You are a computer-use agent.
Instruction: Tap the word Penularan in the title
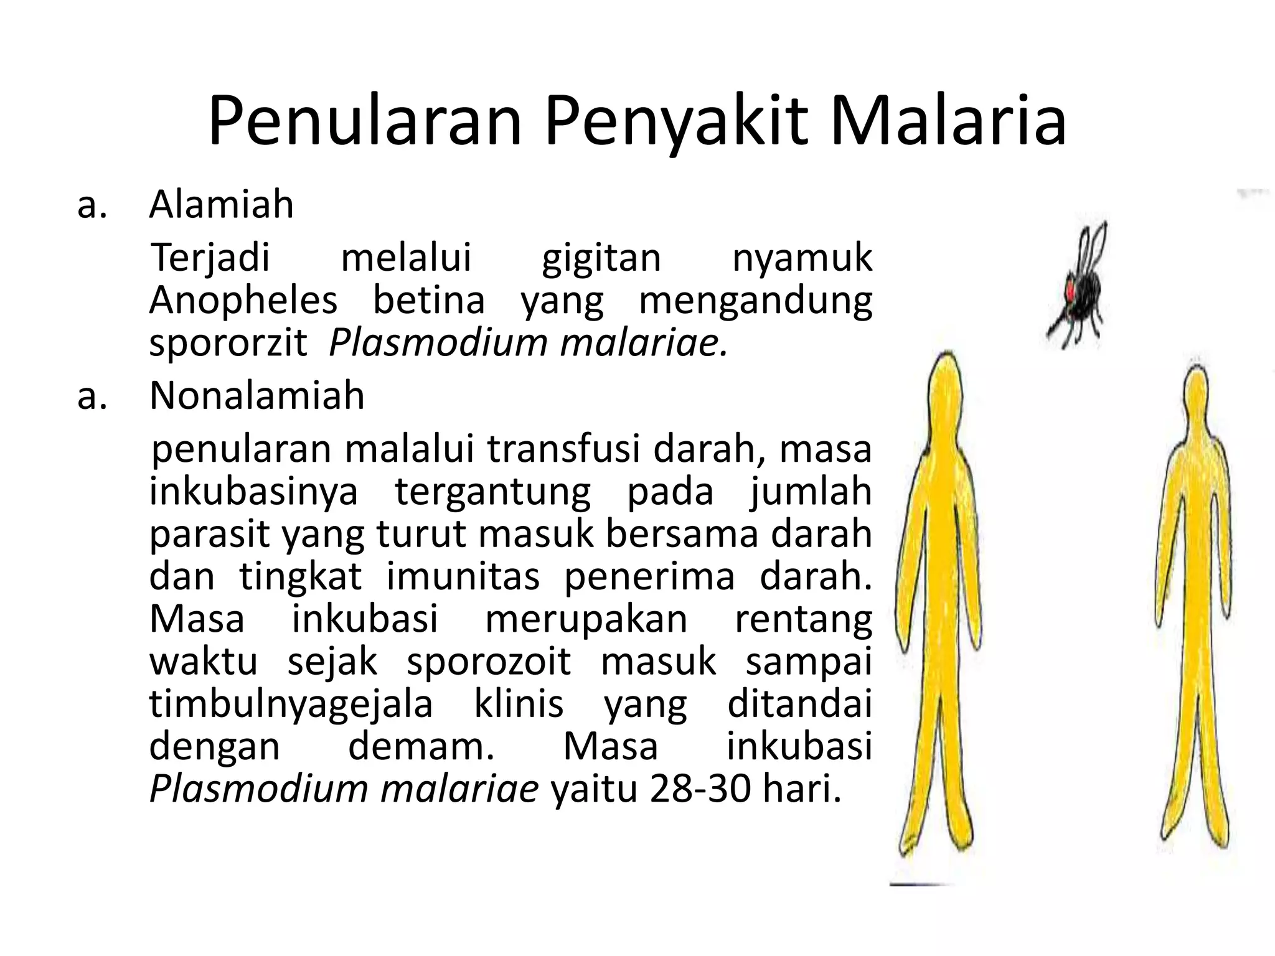(364, 121)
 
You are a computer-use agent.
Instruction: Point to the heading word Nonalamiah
(256, 395)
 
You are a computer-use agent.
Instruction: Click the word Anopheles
(243, 301)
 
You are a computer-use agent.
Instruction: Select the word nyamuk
(802, 259)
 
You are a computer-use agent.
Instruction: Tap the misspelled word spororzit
(228, 343)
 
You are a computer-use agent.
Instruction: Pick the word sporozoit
(489, 662)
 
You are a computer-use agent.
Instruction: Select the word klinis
(519, 705)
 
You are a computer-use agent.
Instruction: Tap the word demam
(421, 747)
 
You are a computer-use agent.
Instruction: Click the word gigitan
(601, 259)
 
